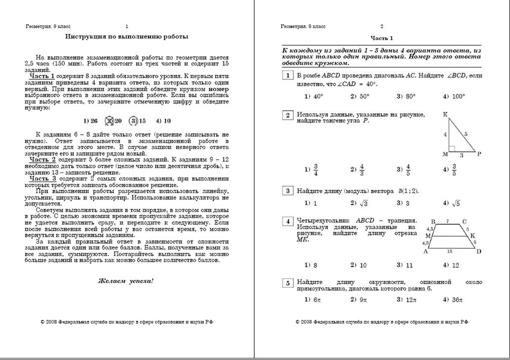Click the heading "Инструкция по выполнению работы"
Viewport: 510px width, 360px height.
click(x=127, y=36)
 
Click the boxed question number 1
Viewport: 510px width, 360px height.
click(x=287, y=75)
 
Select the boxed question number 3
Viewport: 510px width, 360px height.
click(x=287, y=191)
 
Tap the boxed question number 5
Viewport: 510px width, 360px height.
click(x=287, y=283)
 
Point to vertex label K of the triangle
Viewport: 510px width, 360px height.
click(x=445, y=114)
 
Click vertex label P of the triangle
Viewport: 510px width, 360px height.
click(x=479, y=154)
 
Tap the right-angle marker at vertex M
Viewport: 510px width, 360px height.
click(x=452, y=148)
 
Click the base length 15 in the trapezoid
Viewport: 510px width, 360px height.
click(x=449, y=251)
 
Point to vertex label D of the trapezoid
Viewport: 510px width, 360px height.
click(x=478, y=252)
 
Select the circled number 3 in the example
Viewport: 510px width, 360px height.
click(x=133, y=121)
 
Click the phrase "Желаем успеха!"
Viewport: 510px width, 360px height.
click(x=126, y=281)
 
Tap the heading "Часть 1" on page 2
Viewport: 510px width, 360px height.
click(x=382, y=38)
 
